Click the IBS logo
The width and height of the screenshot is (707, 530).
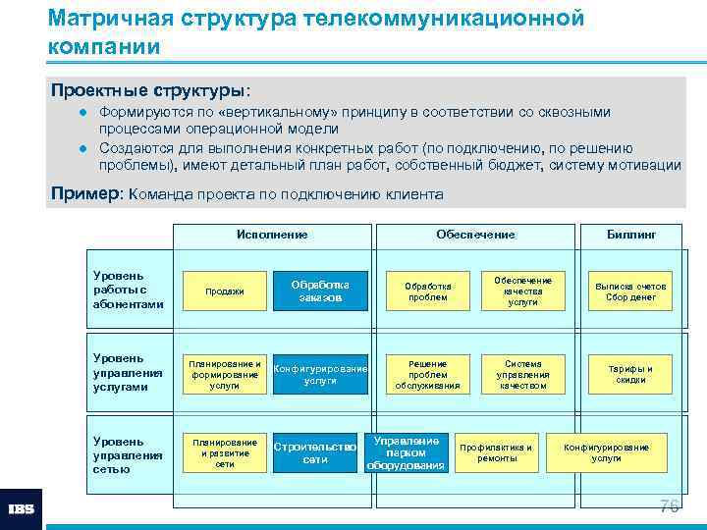coord(21,509)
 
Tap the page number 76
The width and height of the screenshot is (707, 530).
coord(669,506)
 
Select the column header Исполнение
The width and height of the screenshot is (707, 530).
coord(272,235)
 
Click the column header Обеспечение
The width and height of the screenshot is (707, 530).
coord(475,235)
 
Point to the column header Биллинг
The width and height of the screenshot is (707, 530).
coord(631,235)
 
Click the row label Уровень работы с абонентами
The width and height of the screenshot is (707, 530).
coord(127,291)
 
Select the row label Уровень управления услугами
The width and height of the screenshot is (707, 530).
coord(127,372)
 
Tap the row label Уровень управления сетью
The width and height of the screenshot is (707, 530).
coord(127,454)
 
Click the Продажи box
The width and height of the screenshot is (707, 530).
coord(224,291)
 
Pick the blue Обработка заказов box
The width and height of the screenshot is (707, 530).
coord(320,291)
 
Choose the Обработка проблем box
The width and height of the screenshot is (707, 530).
coord(427,291)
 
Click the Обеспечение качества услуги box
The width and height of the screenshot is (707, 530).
coord(522,291)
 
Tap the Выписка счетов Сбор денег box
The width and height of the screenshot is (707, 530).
coord(630,291)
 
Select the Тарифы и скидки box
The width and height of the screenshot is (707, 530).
coord(630,374)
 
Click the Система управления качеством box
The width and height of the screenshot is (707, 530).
coord(522,374)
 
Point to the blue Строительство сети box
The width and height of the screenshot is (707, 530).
coord(314,453)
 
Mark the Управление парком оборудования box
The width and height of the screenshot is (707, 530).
coord(407,452)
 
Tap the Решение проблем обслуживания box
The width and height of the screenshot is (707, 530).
coord(427,374)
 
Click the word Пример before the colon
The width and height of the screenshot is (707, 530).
coord(83,194)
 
